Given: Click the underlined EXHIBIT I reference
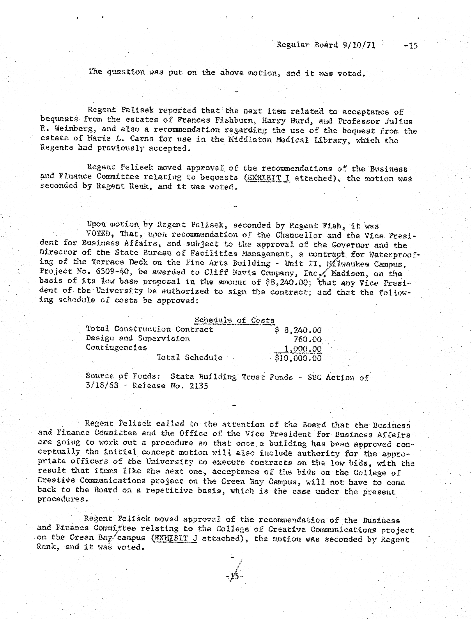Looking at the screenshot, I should pos(267,178).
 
